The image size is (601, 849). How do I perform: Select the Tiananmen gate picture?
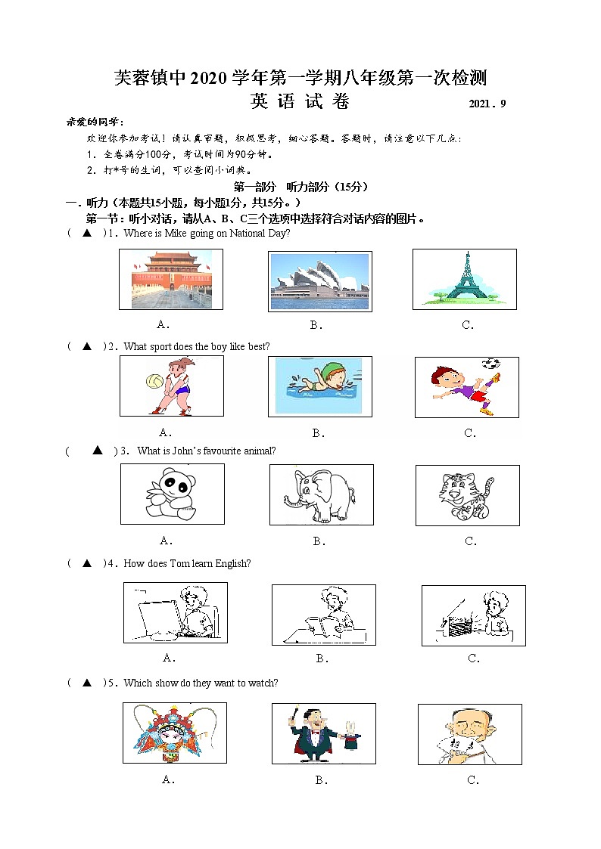[x=171, y=279]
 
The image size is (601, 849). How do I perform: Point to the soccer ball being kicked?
[x=492, y=363]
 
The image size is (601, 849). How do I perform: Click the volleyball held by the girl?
[x=154, y=378]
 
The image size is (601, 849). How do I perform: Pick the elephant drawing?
[x=321, y=494]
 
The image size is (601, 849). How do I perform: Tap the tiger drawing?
[x=467, y=495]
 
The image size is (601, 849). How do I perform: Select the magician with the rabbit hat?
[x=323, y=733]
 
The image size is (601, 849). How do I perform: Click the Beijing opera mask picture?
[x=174, y=733]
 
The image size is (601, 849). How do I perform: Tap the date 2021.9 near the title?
[x=487, y=104]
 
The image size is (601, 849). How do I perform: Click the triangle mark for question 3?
[x=97, y=451]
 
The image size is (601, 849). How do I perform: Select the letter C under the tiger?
[x=470, y=541]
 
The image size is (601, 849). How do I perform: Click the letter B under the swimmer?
[x=318, y=433]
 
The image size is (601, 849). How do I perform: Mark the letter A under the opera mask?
[x=168, y=780]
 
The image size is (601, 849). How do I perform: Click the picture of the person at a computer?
[x=175, y=613]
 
